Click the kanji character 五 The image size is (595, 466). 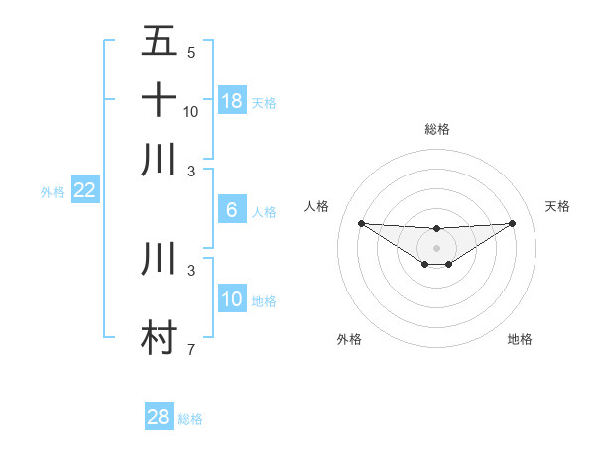pyautogui.click(x=160, y=42)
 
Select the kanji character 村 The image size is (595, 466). pyautogui.click(x=160, y=337)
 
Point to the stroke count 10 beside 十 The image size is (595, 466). pyautogui.click(x=191, y=112)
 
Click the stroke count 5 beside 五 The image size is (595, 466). pyautogui.click(x=191, y=53)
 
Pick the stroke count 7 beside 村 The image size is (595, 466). pyautogui.click(x=191, y=349)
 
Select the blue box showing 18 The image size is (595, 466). pyautogui.click(x=232, y=100)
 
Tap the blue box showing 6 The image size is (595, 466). pyautogui.click(x=232, y=210)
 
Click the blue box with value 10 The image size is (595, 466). pyautogui.click(x=232, y=299)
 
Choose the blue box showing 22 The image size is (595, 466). pyautogui.click(x=84, y=191)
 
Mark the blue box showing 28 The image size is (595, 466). pyautogui.click(x=159, y=417)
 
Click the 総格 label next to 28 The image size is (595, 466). pyautogui.click(x=190, y=419)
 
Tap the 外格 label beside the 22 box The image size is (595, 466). pyautogui.click(x=53, y=192)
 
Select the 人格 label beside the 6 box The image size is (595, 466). pyautogui.click(x=264, y=212)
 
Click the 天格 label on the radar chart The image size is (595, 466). pyautogui.click(x=558, y=206)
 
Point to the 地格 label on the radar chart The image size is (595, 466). pyautogui.click(x=520, y=339)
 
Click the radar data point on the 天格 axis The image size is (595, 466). pyautogui.click(x=512, y=223)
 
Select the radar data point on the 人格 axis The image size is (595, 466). pyautogui.click(x=361, y=223)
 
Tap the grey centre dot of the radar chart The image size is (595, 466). pyautogui.click(x=436, y=248)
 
